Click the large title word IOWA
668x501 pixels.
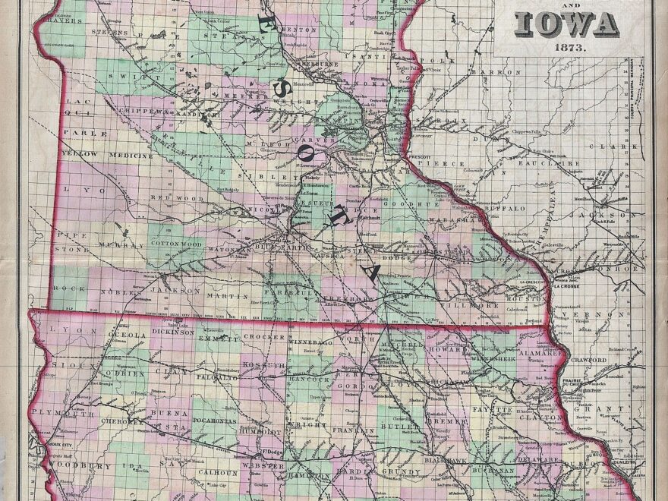pos(566,25)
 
